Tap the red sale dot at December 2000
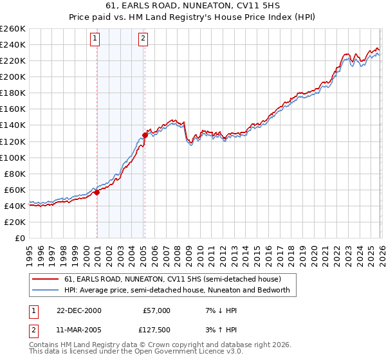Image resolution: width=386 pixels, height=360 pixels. pyautogui.click(x=96, y=192)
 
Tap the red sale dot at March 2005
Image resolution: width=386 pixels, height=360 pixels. pyautogui.click(x=145, y=135)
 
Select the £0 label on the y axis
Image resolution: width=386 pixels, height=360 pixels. pyautogui.click(x=21, y=238)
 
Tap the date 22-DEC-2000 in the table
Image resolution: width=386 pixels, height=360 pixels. pyautogui.click(x=78, y=310)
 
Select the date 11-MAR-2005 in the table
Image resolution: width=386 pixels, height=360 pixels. pyautogui.click(x=78, y=331)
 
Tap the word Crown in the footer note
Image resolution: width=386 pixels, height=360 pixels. pyautogui.click(x=168, y=345)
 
